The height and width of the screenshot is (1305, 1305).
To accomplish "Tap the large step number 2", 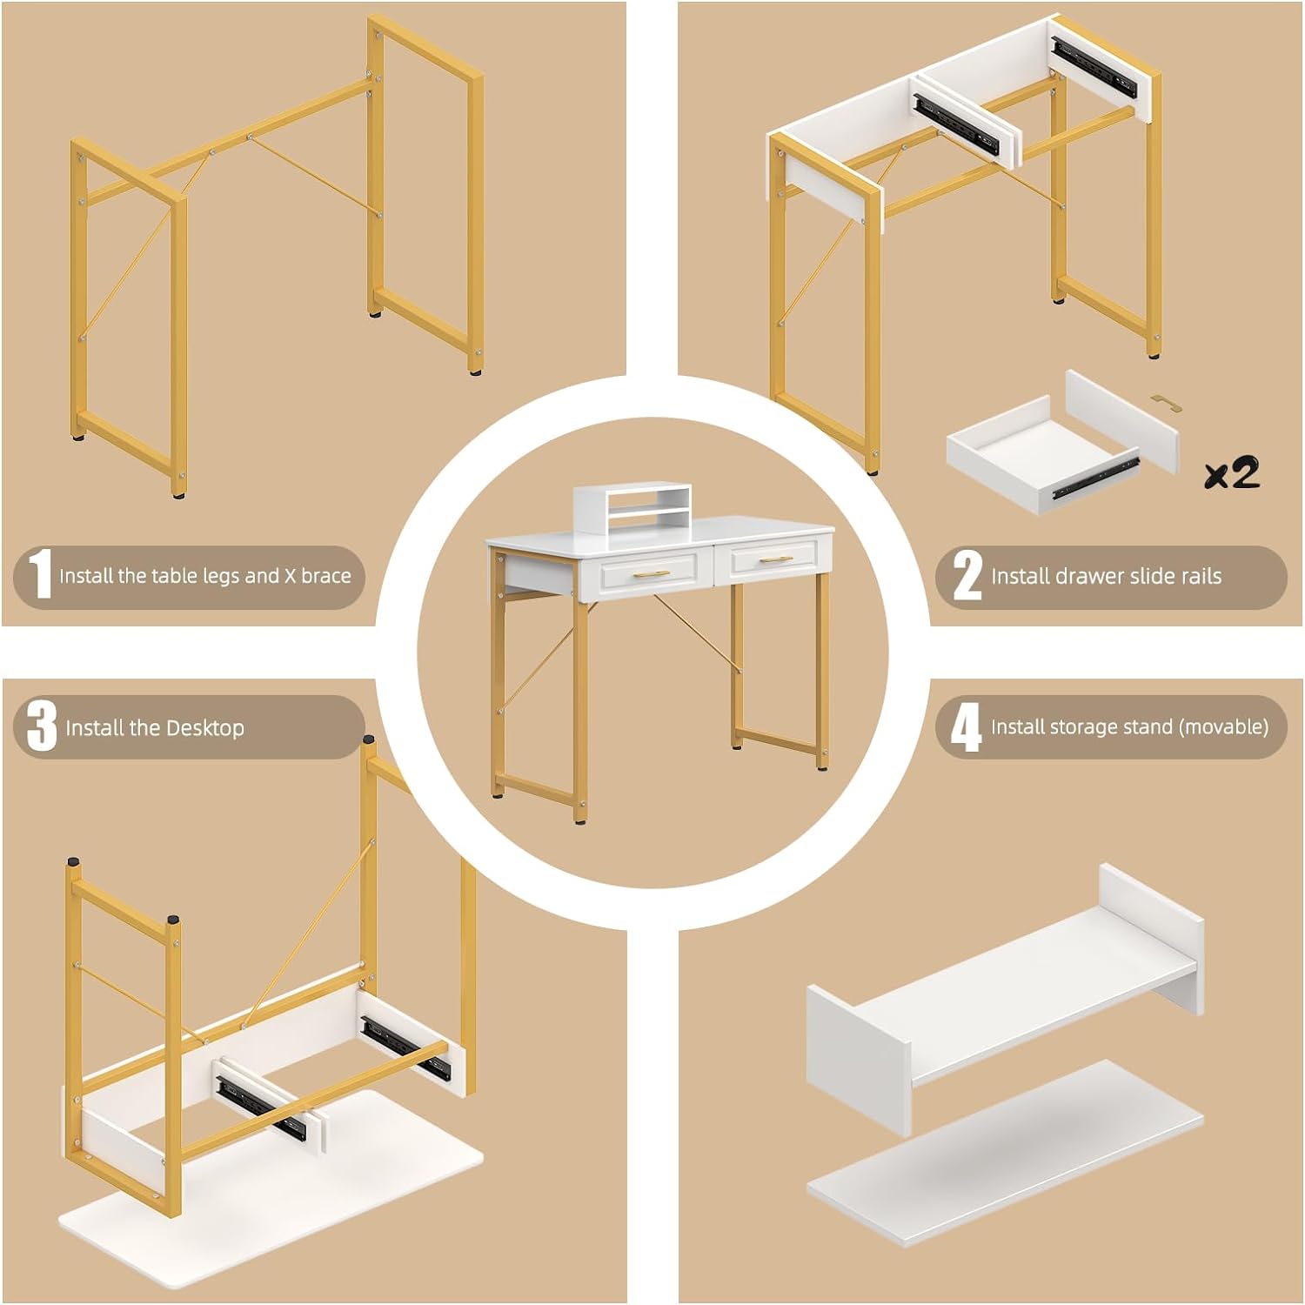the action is point(967,575).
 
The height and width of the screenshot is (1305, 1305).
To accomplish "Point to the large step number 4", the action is point(966,727).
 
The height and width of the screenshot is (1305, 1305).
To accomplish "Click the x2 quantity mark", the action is point(1232,472).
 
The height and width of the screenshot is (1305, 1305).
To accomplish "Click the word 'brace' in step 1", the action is point(326,576).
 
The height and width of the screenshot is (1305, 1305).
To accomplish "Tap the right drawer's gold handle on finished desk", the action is point(776,559).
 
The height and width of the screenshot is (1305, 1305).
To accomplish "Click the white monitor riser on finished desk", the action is point(632,506).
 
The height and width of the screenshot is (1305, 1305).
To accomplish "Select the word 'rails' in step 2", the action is point(1201,576).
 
